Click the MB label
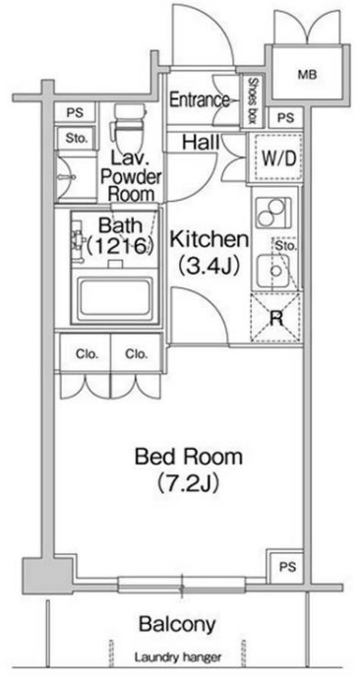pos(308,75)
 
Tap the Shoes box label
pos(252,101)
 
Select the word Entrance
pos(199,100)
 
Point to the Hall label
pos(201,142)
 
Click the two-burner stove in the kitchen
pos(273,213)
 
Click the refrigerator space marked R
pos(276,318)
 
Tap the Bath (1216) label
pos(120,236)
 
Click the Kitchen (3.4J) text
pos(210,252)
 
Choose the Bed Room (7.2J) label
pos(188,468)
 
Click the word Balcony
pos(177,624)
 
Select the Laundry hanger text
pos(177,657)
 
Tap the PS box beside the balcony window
pos(286,566)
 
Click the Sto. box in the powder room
pos(77,139)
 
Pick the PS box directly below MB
pos(285,117)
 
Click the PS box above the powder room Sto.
pos(75,112)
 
